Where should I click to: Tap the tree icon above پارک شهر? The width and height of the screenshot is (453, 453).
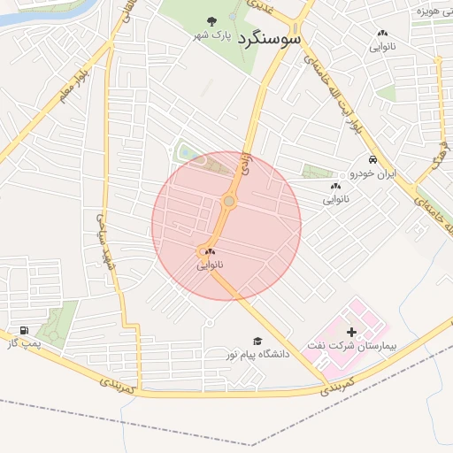[x=211, y=22]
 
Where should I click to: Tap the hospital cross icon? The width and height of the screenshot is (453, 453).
[x=352, y=331]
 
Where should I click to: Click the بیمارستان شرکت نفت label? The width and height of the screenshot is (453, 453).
[x=348, y=343]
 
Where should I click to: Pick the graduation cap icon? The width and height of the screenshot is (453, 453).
[x=257, y=341]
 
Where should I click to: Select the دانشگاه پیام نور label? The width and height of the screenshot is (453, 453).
[x=257, y=354]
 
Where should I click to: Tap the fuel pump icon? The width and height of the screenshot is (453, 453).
[x=22, y=330]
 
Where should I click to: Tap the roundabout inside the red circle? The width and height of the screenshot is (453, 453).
[x=229, y=202]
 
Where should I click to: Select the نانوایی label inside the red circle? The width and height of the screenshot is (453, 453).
[x=211, y=265]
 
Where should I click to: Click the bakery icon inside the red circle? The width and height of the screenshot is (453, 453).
[x=210, y=252]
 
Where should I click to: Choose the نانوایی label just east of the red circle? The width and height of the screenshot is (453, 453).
[x=336, y=200]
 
